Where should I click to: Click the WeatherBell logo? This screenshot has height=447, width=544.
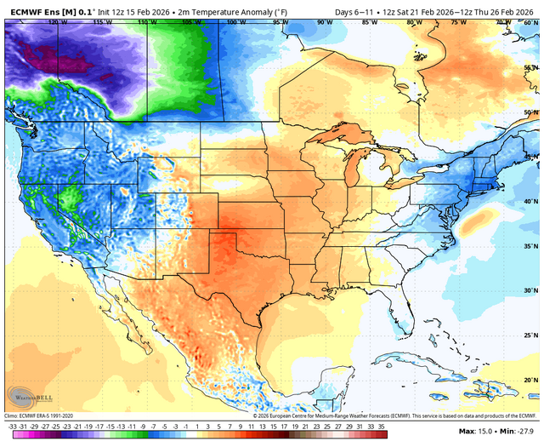tap(25, 396)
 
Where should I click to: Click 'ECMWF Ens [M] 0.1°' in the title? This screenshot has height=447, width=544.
tap(49, 10)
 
